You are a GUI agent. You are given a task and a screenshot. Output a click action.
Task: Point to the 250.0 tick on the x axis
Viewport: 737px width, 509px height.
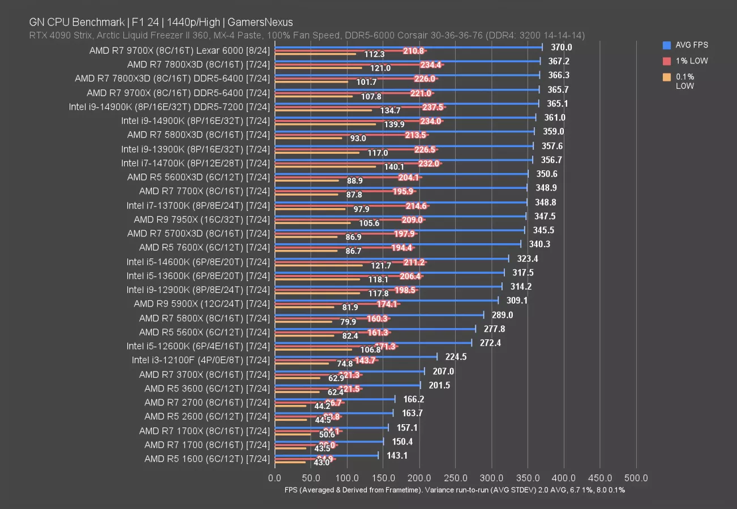tap(419, 478)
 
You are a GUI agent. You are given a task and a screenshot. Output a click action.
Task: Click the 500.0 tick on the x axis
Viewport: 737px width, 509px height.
tap(636, 478)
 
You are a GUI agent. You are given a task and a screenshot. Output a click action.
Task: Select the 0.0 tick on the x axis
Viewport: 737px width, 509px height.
tap(275, 478)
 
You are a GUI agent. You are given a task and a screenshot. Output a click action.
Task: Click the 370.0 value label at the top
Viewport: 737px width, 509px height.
tap(561, 48)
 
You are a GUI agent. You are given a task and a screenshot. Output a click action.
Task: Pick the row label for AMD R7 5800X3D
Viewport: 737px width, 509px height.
tap(198, 135)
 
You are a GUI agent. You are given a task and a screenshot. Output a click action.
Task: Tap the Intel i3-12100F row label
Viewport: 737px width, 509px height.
tap(200, 360)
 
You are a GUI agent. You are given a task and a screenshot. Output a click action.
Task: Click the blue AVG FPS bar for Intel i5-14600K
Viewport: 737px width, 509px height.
tap(391, 258)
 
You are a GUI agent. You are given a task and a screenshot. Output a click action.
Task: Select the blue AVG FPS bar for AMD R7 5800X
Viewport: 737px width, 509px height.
tap(379, 314)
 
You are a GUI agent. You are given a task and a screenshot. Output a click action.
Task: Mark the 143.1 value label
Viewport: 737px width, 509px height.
tap(396, 455)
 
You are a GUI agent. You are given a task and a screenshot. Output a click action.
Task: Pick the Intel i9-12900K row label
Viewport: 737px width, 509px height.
tap(198, 290)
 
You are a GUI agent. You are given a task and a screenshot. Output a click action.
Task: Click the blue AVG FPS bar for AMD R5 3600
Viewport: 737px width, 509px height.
tap(347, 385)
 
